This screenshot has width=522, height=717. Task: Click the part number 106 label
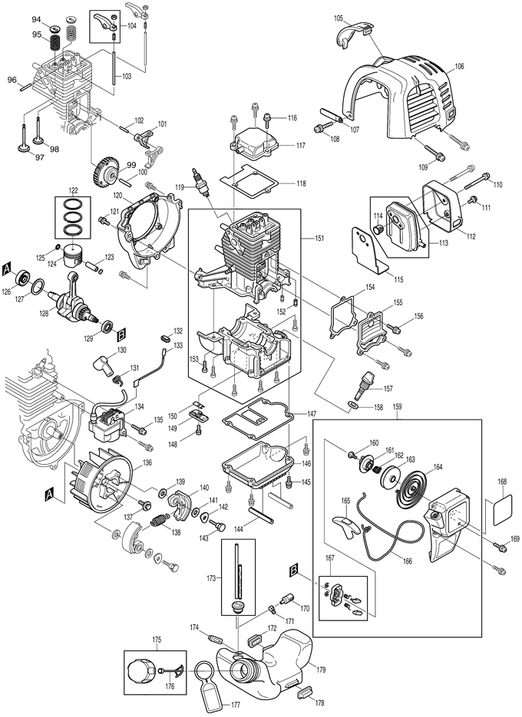pyautogui.click(x=459, y=67)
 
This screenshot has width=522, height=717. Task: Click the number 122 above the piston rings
pyautogui.click(x=73, y=189)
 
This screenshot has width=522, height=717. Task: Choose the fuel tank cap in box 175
pyautogui.click(x=144, y=673)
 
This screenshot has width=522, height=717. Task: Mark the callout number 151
pyautogui.click(x=317, y=238)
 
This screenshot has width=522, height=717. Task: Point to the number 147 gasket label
pyautogui.click(x=312, y=414)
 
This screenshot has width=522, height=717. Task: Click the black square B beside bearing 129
pyautogui.click(x=121, y=334)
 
